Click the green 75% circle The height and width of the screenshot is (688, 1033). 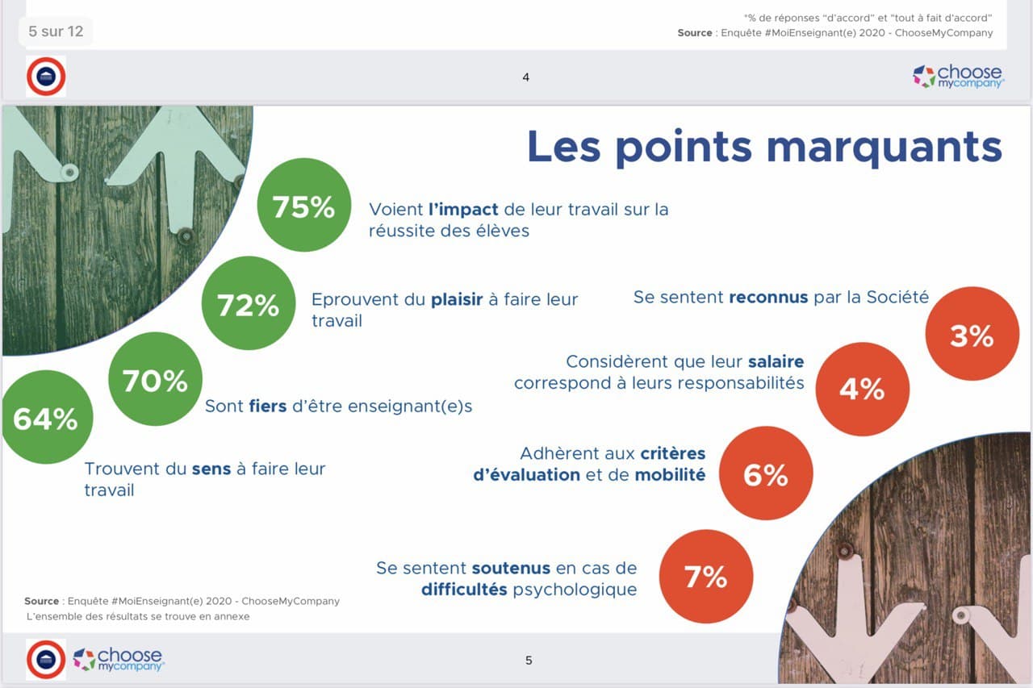(304, 205)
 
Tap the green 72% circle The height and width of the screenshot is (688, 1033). (249, 303)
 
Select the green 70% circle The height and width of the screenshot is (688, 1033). (156, 379)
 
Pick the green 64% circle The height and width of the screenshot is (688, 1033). (46, 417)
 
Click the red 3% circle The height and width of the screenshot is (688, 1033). (972, 334)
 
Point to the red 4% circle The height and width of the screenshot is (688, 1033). (863, 389)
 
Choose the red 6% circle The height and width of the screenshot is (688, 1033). (766, 473)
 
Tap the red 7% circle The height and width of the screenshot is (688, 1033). (706, 577)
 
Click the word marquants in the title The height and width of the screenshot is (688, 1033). (885, 148)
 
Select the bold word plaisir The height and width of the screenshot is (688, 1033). (457, 300)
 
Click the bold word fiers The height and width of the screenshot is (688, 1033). (268, 406)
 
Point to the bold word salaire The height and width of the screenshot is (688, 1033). (776, 361)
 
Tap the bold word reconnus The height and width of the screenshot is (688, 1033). (768, 298)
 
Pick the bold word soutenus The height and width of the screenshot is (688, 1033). (511, 568)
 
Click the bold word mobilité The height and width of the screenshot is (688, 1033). (670, 474)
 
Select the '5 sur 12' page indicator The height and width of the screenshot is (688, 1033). (56, 31)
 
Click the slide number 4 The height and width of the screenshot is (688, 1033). (525, 77)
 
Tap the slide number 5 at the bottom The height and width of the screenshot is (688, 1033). (529, 661)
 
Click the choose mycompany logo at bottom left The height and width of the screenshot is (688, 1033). (119, 660)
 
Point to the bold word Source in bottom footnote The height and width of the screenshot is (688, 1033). (41, 602)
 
